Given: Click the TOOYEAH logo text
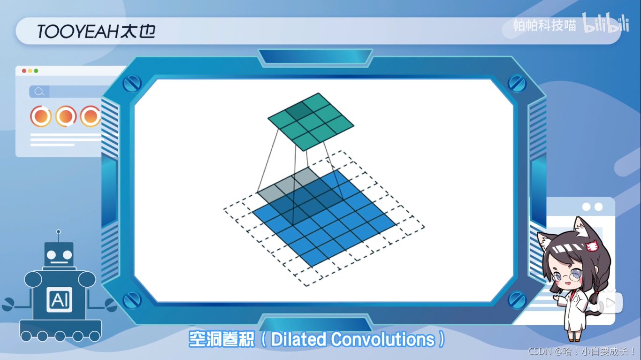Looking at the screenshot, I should tap(96, 31).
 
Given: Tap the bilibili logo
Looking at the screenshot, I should tap(605, 23).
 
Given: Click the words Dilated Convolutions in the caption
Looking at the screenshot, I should tap(353, 339).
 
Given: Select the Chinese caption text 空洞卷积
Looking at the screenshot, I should tap(221, 339).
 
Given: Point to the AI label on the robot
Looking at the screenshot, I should tap(60, 299).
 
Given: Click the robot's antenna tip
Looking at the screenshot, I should tap(59, 231).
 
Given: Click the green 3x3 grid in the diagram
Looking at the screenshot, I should tap(311, 122).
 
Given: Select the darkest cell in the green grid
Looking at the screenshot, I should tap(297, 111).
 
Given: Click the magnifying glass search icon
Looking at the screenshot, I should tap(39, 92).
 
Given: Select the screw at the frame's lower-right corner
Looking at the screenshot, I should tap(517, 299).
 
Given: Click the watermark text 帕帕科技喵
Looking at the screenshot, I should tap(544, 25).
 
